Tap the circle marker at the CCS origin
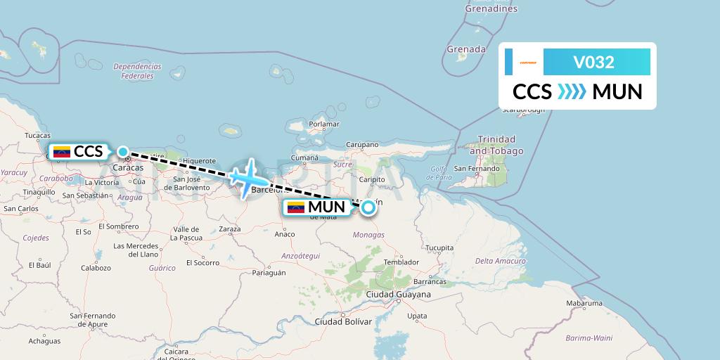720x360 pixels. click(x=123, y=152)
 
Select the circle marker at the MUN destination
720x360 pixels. click(x=368, y=207)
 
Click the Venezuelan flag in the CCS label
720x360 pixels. click(x=62, y=151)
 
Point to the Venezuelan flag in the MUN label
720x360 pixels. click(x=296, y=207)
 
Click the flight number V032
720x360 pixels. click(x=594, y=63)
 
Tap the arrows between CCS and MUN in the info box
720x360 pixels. click(x=572, y=92)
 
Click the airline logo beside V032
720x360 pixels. click(x=528, y=63)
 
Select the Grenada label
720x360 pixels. click(x=466, y=50)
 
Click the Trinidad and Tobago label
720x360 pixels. click(x=496, y=145)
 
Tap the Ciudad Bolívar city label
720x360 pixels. click(x=343, y=321)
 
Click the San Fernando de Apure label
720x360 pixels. click(x=92, y=320)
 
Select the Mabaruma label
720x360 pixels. click(x=584, y=304)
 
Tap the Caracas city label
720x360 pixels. click(x=127, y=168)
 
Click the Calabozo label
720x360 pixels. click(x=96, y=268)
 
